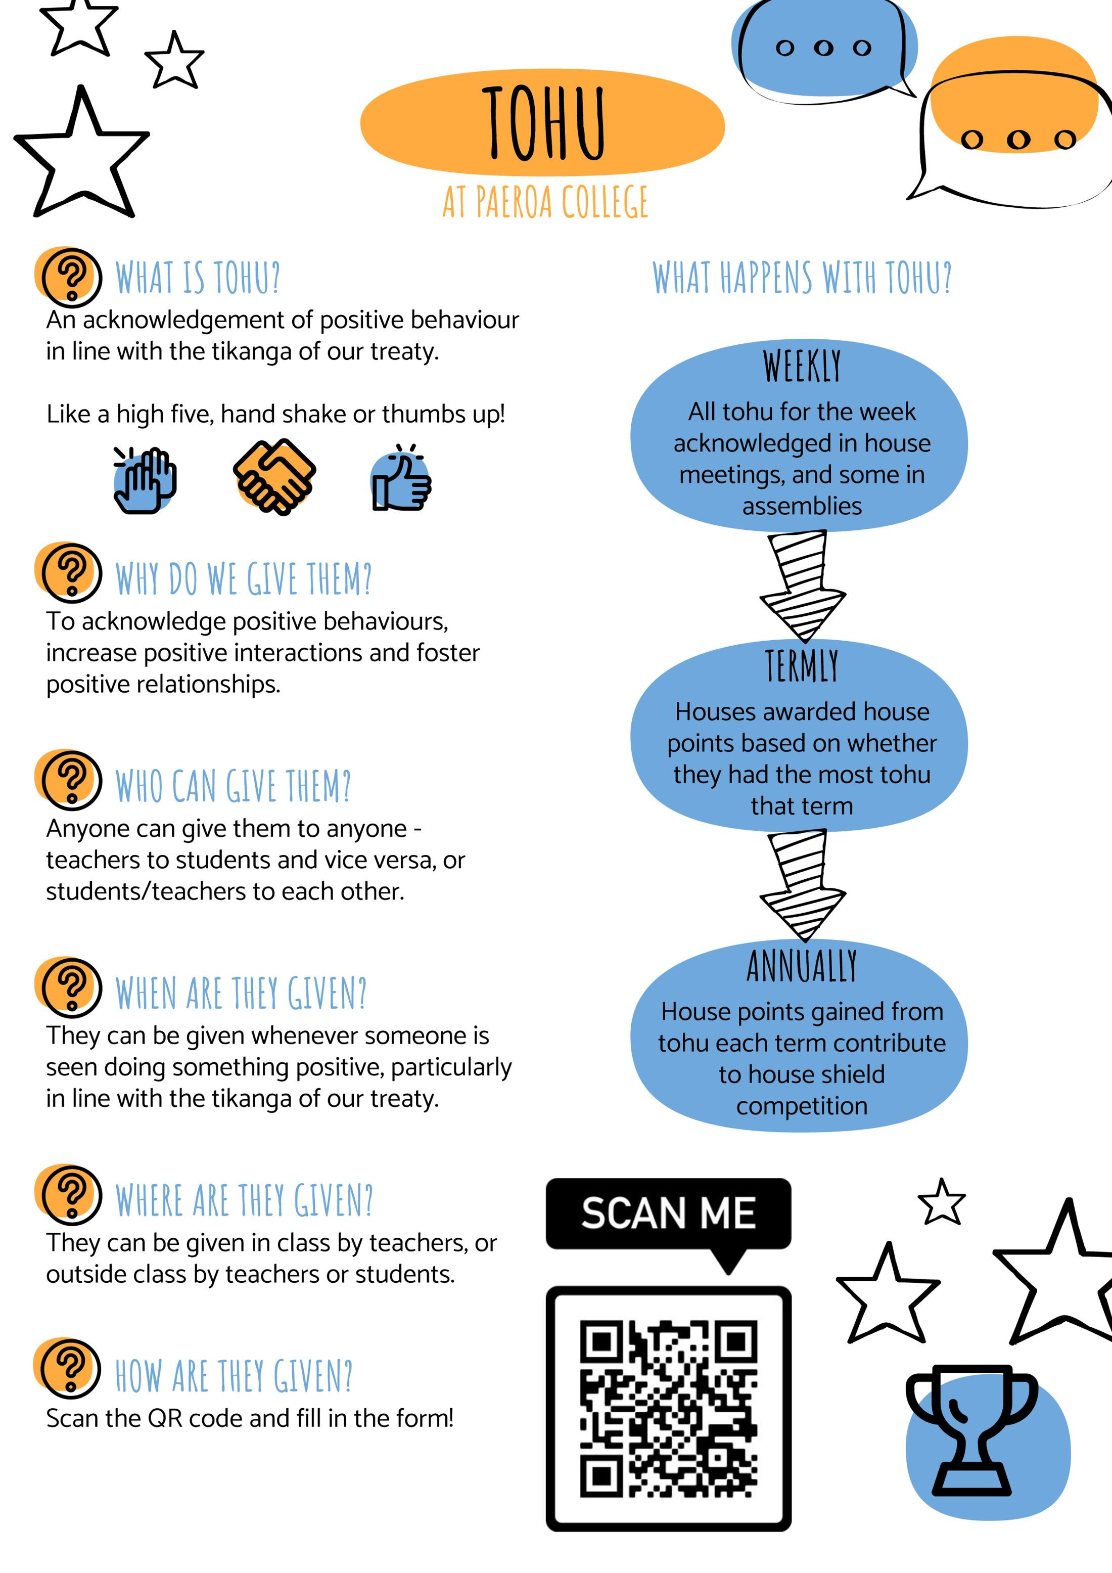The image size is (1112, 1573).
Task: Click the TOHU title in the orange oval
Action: coord(544,123)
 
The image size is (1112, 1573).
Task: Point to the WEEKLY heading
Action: coord(802,367)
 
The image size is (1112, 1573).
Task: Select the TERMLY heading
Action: coord(802,666)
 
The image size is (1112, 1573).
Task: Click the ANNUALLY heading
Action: coord(802,966)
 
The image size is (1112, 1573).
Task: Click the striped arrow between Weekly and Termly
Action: coord(803,587)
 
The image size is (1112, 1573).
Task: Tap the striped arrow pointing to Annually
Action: coord(803,885)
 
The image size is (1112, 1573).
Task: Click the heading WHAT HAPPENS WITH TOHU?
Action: coord(802,278)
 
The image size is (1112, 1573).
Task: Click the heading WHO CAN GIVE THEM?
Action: coord(233,786)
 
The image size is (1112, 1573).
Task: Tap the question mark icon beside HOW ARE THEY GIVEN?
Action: coord(67,1368)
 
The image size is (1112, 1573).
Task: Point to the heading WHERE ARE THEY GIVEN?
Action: coord(244,1200)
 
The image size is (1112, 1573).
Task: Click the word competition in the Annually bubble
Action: coord(802,1106)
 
